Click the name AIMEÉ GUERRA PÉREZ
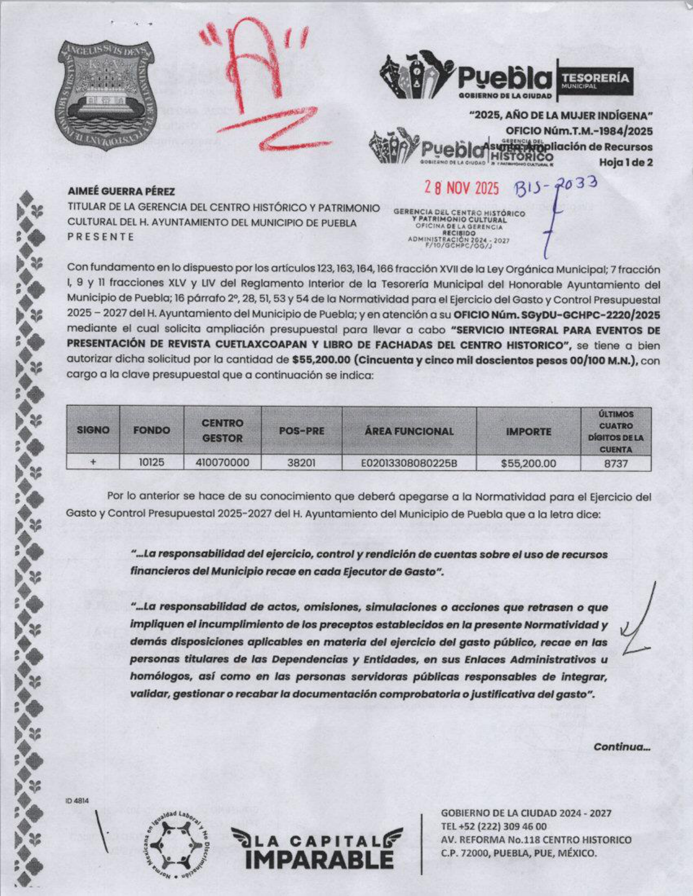pyautogui.click(x=121, y=192)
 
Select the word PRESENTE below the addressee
pyautogui.click(x=101, y=237)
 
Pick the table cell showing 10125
pyautogui.click(x=152, y=463)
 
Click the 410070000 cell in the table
pyautogui.click(x=222, y=463)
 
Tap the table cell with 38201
pyautogui.click(x=301, y=463)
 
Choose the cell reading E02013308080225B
pyautogui.click(x=409, y=463)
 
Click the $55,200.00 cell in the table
pyautogui.click(x=528, y=463)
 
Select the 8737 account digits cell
pyautogui.click(x=616, y=463)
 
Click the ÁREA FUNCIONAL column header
pyautogui.click(x=409, y=431)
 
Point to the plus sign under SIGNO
pyautogui.click(x=93, y=462)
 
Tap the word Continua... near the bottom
pyautogui.click(x=622, y=747)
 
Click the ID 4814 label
pyautogui.click(x=77, y=800)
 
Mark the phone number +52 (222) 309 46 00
pyautogui.click(x=494, y=827)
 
